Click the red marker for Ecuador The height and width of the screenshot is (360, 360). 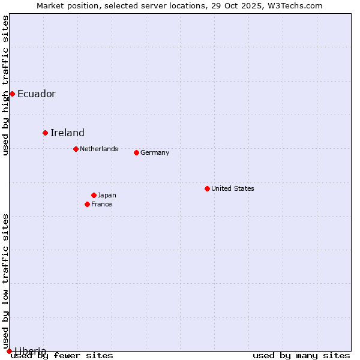[12, 94]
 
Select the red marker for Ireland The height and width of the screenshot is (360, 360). [45, 133]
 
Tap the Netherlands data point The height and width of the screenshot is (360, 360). [76, 149]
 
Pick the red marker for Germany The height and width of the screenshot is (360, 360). [136, 152]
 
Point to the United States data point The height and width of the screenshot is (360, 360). [207, 188]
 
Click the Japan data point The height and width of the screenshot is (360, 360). [94, 195]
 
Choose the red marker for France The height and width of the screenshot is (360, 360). [87, 204]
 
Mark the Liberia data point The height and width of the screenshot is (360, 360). [9, 351]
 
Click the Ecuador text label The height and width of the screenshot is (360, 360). [37, 94]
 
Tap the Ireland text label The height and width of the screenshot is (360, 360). [67, 133]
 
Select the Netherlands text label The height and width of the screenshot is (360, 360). [99, 149]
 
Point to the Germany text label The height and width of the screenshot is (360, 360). [155, 152]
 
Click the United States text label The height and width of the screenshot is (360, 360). [233, 188]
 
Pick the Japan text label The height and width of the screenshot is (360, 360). [107, 195]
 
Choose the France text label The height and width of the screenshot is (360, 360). [101, 204]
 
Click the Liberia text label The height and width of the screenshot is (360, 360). [30, 351]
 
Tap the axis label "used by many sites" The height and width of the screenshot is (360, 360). [301, 355]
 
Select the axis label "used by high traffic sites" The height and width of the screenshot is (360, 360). [5, 85]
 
